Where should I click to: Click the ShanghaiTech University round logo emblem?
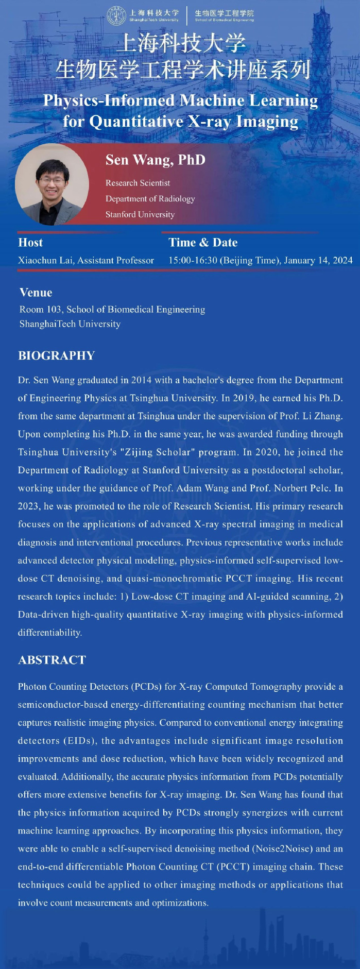116,15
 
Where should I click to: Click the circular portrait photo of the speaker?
52,184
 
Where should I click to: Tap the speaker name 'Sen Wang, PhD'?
155,160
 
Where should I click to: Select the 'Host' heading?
30,243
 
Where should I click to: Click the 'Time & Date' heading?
203,243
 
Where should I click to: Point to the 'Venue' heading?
36,293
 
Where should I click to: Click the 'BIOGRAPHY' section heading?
57,355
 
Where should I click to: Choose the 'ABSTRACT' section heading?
52,660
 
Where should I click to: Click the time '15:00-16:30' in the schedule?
193,260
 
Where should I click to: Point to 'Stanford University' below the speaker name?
140,214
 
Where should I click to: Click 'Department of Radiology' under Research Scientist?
150,199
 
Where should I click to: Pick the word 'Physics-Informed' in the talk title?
109,100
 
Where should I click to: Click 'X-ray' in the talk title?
211,122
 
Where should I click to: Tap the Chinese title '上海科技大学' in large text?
181,43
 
